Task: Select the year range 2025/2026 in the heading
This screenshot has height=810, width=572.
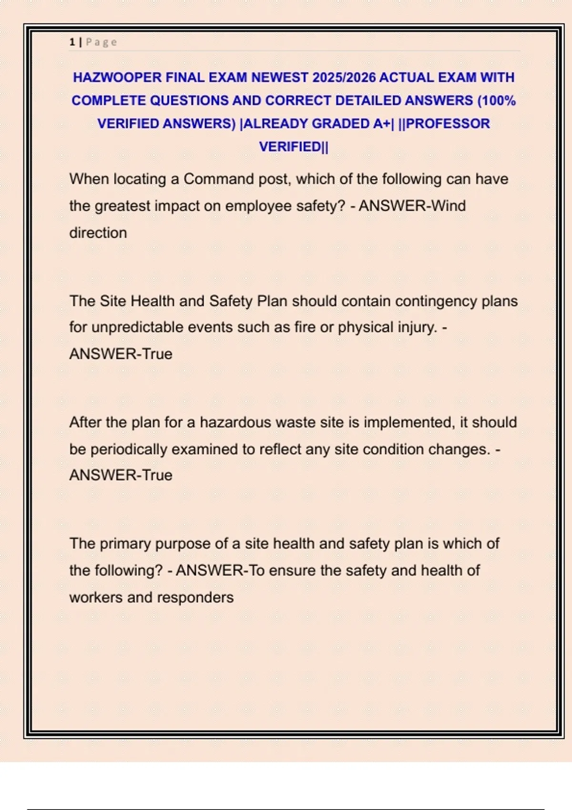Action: (x=344, y=77)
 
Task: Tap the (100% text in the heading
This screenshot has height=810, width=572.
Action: (x=496, y=101)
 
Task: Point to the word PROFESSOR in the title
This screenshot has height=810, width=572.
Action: (x=448, y=123)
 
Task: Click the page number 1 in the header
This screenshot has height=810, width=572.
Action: (x=72, y=42)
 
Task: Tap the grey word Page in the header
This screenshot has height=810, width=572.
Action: (x=101, y=42)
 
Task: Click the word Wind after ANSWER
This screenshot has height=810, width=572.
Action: (x=448, y=206)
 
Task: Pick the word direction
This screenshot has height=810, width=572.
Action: (x=98, y=233)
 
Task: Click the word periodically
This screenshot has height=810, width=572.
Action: (x=128, y=449)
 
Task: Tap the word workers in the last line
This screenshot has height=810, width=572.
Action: (x=96, y=597)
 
